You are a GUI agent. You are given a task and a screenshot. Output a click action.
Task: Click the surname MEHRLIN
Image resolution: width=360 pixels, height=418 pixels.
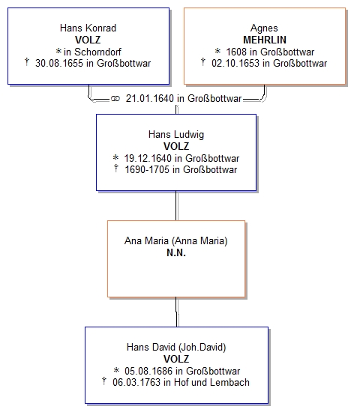[265, 40]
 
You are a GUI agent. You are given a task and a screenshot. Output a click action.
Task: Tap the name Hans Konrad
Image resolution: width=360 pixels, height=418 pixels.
[88, 28]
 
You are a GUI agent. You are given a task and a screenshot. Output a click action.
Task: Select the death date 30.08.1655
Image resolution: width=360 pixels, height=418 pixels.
[59, 64]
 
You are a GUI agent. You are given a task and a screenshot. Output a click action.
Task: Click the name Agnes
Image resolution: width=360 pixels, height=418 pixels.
[264, 28]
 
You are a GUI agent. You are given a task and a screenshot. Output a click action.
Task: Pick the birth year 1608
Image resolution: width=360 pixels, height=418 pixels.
[236, 52]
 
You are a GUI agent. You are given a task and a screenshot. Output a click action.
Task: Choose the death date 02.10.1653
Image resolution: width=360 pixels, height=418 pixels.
[235, 64]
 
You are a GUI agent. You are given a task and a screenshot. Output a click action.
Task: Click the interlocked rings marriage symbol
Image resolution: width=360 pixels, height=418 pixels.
[115, 99]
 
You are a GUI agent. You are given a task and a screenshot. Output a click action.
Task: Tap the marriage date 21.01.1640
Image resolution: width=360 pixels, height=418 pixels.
[150, 98]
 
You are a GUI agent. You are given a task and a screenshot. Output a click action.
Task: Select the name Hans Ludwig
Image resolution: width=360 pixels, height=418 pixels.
[176, 134]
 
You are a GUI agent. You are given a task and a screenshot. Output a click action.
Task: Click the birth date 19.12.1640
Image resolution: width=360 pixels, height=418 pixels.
[148, 158]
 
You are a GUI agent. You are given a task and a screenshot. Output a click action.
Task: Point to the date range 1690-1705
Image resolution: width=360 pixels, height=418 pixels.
[147, 170]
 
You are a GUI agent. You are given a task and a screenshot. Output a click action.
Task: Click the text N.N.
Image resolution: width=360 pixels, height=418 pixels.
[176, 252]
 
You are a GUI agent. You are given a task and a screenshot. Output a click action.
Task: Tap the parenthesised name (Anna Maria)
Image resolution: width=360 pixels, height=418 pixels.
[199, 241]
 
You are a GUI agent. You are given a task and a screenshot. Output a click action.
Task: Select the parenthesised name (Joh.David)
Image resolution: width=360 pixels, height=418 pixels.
[202, 348]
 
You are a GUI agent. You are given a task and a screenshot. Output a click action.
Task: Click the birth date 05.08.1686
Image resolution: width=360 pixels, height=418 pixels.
[148, 371]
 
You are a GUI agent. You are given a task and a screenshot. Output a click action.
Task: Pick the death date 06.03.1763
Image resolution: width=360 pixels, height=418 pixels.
[136, 383]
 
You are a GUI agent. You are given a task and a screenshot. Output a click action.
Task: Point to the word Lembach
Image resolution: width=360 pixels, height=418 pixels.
[229, 383]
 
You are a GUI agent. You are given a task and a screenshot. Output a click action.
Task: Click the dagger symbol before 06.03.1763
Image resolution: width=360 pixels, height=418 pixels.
[104, 381]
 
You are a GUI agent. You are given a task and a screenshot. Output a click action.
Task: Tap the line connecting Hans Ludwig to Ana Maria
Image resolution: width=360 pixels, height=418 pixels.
[176, 206]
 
